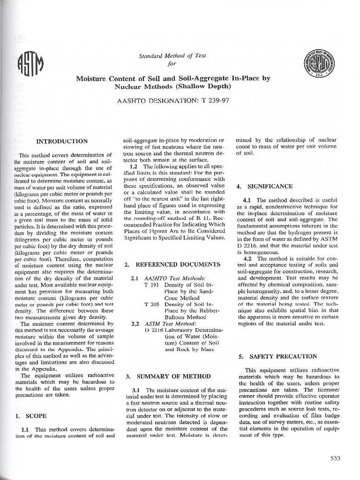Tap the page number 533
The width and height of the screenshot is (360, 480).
(335, 458)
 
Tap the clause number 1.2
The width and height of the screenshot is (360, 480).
(134, 166)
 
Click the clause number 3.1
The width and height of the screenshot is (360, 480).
(136, 390)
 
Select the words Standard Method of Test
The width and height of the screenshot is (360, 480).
(172, 56)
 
